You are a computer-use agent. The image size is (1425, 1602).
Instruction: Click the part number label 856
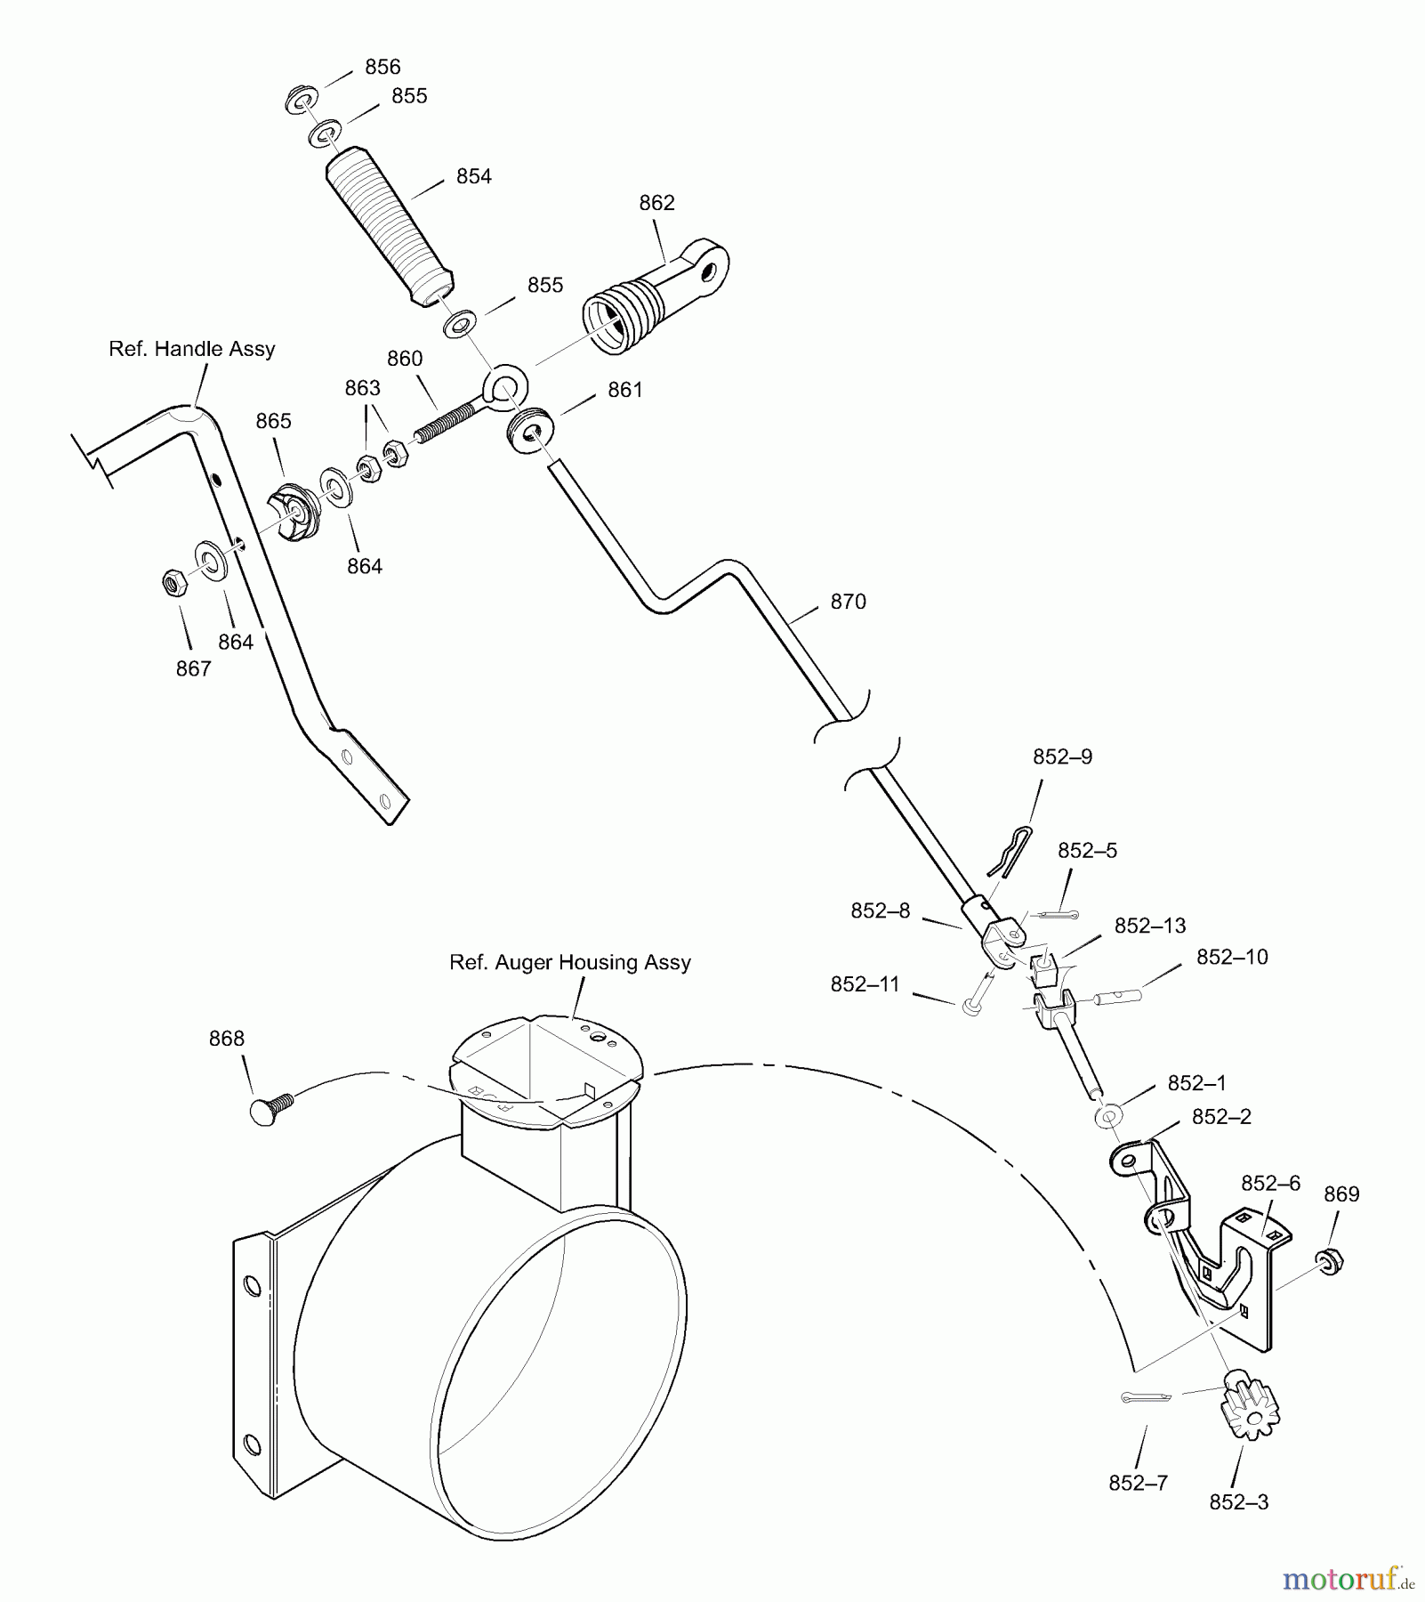[x=382, y=67]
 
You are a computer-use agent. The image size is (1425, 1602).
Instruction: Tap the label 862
[x=656, y=203]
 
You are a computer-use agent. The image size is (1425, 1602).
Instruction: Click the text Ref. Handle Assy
[x=192, y=349]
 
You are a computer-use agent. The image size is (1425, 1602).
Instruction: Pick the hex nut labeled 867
[x=173, y=584]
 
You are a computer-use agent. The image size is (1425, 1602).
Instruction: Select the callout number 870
[x=848, y=602]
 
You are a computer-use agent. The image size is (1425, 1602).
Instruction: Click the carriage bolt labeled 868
[x=270, y=1111]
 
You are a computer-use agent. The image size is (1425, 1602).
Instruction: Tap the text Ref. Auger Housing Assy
[x=570, y=962]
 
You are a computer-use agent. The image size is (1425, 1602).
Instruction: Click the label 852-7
[x=1138, y=1483]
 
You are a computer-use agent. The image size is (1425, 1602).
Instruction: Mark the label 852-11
[x=865, y=984]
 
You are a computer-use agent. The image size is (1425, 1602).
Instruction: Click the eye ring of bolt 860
[x=505, y=386]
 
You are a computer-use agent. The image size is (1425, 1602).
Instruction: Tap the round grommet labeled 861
[x=531, y=431]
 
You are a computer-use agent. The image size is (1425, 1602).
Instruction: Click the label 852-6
[x=1270, y=1183]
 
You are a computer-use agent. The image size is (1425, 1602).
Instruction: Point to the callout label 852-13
[x=1150, y=926]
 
